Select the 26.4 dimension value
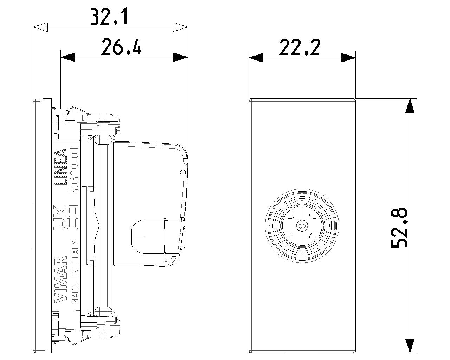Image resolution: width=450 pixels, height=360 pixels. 121,47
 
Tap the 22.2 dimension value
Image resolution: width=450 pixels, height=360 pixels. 300,47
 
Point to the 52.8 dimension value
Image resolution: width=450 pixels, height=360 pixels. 399,227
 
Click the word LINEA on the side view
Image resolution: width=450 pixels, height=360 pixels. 61,167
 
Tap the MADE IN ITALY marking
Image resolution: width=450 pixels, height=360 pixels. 75,272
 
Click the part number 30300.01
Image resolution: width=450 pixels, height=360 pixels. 75,170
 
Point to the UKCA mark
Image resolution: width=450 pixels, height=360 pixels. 66,218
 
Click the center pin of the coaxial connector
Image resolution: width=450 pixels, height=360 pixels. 302,226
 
